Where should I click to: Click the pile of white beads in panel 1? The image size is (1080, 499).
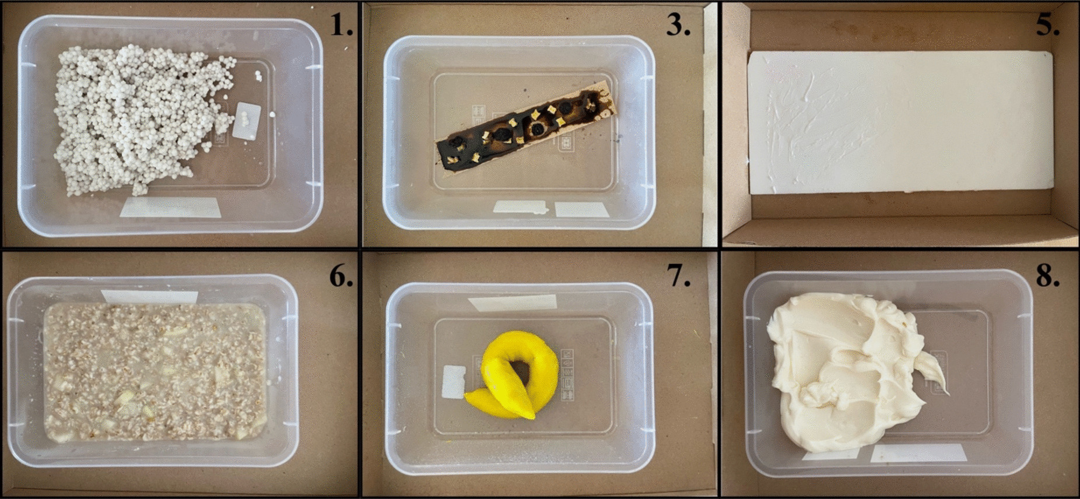click(137, 117)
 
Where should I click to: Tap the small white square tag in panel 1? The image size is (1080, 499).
click(247, 120)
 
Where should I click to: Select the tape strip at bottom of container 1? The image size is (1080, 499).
click(170, 207)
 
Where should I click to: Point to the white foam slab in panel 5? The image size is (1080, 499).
click(899, 122)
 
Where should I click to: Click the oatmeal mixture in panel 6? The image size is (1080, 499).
click(155, 373)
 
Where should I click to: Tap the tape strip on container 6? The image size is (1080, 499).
click(149, 296)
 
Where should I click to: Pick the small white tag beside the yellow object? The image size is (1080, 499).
click(453, 382)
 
